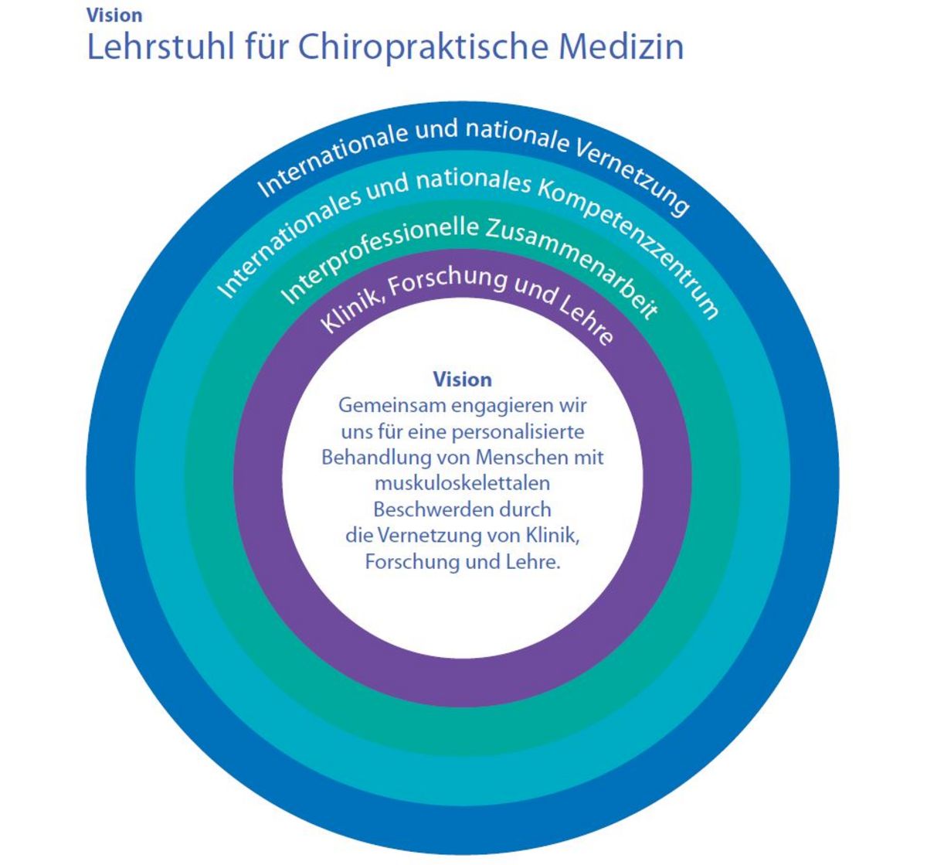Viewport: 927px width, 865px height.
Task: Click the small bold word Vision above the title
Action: [114, 15]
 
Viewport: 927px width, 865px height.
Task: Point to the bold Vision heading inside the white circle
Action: [462, 380]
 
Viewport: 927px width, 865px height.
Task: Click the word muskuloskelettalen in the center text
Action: [462, 483]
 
